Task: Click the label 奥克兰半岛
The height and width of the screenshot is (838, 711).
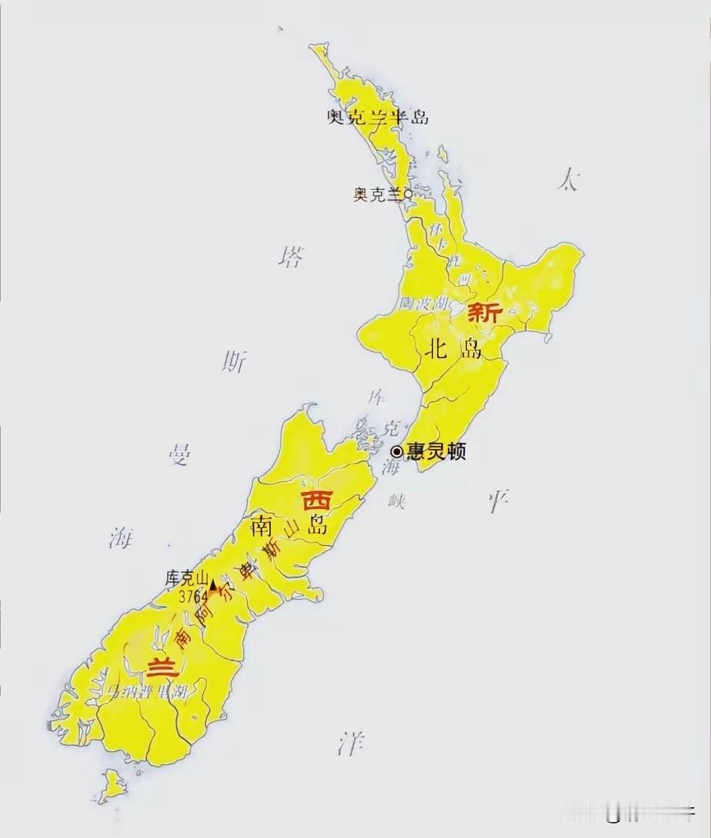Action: (377, 117)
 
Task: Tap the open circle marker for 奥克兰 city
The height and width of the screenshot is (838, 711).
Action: (408, 195)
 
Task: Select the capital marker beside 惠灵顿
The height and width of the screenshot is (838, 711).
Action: (397, 452)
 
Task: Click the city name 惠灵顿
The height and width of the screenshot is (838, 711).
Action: (436, 452)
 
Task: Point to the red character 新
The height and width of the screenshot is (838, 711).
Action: (486, 313)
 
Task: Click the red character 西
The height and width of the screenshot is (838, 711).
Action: (316, 500)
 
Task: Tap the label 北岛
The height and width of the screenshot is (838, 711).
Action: (453, 349)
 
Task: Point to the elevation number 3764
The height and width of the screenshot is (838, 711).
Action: (194, 597)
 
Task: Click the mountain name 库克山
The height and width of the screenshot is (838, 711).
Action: (187, 578)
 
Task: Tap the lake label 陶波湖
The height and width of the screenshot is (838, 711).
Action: (424, 304)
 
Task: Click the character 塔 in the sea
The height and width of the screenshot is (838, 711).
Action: (291, 257)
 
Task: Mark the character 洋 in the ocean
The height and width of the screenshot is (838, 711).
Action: (351, 743)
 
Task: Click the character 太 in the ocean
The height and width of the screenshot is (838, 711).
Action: (569, 181)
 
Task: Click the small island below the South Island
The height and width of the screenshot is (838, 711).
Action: (115, 784)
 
